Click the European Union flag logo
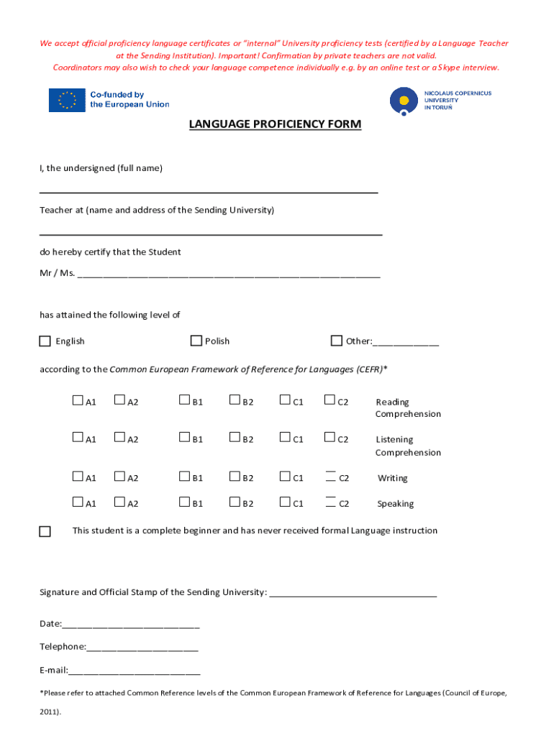point(66,100)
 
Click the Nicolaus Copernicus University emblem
point(404,101)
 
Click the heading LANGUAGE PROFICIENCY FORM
point(275,124)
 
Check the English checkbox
point(45,341)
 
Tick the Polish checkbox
point(196,340)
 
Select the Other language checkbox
point(336,340)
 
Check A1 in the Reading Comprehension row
point(78,400)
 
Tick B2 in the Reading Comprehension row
point(235,400)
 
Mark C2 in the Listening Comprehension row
point(330,437)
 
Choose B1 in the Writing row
point(185,476)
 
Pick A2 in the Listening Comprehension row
point(119,437)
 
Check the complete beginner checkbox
point(45,532)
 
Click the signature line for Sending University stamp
point(352,593)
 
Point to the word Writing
point(392,478)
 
